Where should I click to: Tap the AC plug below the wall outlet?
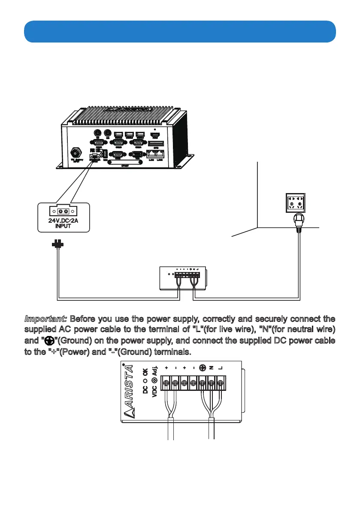point(296,221)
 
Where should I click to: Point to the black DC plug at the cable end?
point(57,245)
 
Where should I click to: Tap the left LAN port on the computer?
point(151,154)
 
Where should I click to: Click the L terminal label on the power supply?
point(221,368)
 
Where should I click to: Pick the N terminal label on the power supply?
point(211,368)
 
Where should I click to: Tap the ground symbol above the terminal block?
point(202,368)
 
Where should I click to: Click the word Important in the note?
point(45,320)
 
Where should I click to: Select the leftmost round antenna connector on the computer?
point(97,133)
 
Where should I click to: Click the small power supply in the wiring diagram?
point(182,277)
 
